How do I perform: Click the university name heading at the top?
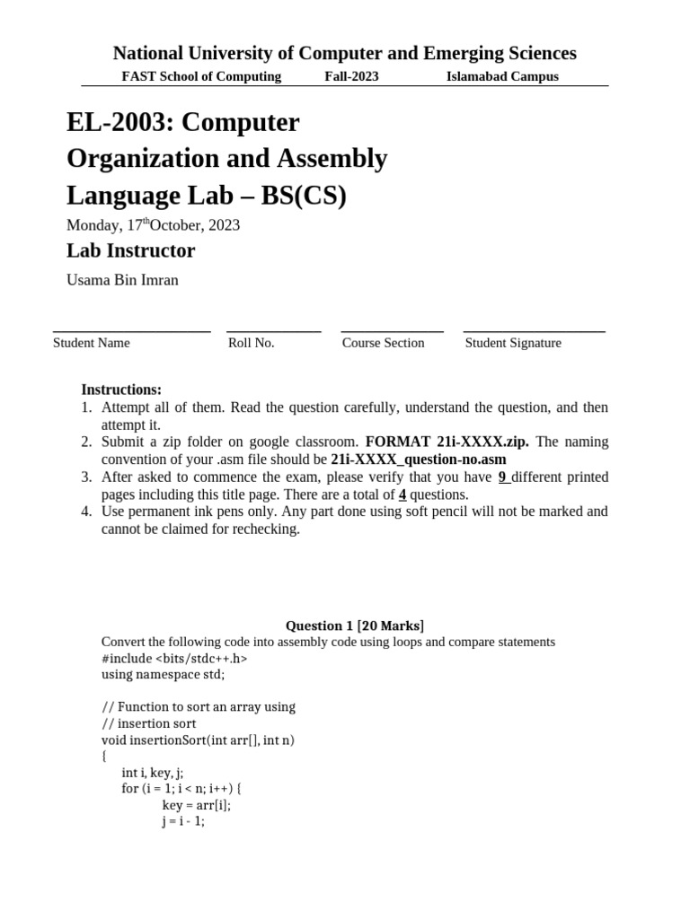coord(344,53)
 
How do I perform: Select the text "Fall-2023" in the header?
coord(351,76)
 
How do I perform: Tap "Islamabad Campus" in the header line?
coord(502,76)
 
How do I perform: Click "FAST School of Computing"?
coord(201,76)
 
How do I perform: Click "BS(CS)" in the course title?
coord(303,196)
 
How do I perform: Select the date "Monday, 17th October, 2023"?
coord(153,225)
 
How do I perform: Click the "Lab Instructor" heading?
coord(130,250)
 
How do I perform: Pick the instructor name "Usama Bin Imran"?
coord(122,280)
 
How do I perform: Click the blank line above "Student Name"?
coord(131,330)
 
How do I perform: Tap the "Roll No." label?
coord(251,343)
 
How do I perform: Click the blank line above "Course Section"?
coord(393,330)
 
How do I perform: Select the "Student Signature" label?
coord(513,343)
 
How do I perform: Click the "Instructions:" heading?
coord(121,389)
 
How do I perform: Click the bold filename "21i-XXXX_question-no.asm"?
coord(419,459)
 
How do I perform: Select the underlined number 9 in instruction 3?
coord(503,477)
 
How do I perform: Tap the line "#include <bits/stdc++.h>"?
coord(174,658)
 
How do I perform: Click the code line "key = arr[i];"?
coord(197,805)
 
